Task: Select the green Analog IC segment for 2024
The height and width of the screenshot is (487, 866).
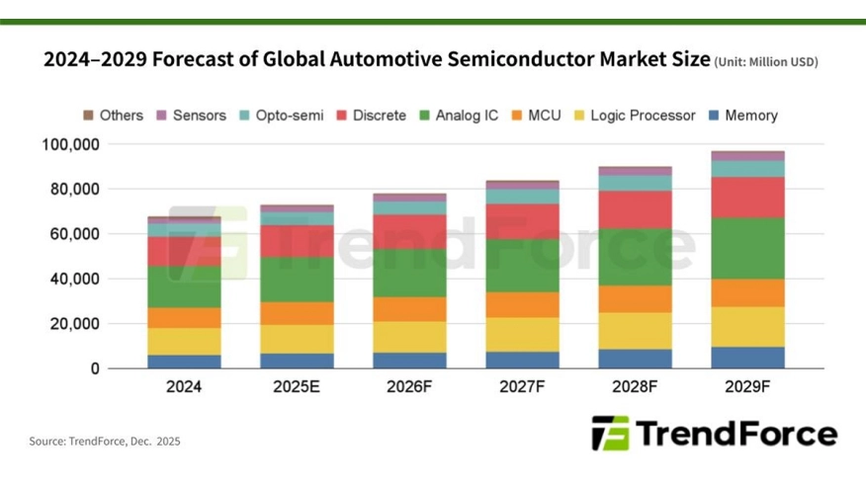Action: pyautogui.click(x=185, y=286)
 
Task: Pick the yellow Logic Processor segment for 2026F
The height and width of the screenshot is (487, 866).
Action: pyautogui.click(x=409, y=337)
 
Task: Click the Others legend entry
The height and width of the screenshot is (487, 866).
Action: pyautogui.click(x=113, y=116)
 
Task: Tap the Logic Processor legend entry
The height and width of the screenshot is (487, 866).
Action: pyautogui.click(x=634, y=116)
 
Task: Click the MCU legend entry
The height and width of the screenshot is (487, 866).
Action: pyautogui.click(x=536, y=116)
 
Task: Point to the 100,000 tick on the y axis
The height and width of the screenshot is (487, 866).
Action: pyautogui.click(x=70, y=144)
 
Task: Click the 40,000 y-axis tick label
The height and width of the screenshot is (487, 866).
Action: pyautogui.click(x=74, y=280)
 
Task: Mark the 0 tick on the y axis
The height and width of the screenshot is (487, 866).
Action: pyautogui.click(x=95, y=368)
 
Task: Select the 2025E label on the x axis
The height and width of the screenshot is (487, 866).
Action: pyautogui.click(x=297, y=388)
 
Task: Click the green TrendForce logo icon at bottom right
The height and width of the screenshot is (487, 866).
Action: pyautogui.click(x=609, y=433)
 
